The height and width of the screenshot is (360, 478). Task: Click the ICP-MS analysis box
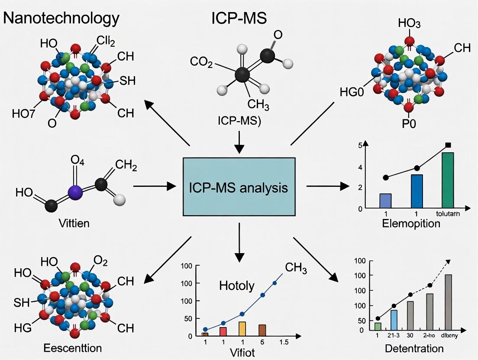239,187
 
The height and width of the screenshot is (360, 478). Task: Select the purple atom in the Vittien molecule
76,192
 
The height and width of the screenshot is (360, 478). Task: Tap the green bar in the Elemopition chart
448,180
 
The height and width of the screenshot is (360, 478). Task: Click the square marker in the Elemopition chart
448,145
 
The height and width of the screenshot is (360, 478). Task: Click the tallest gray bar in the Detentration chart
448,302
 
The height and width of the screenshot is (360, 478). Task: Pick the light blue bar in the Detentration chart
394,319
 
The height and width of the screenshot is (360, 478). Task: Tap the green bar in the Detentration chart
378,326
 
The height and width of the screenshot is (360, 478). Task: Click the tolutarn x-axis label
448,213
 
